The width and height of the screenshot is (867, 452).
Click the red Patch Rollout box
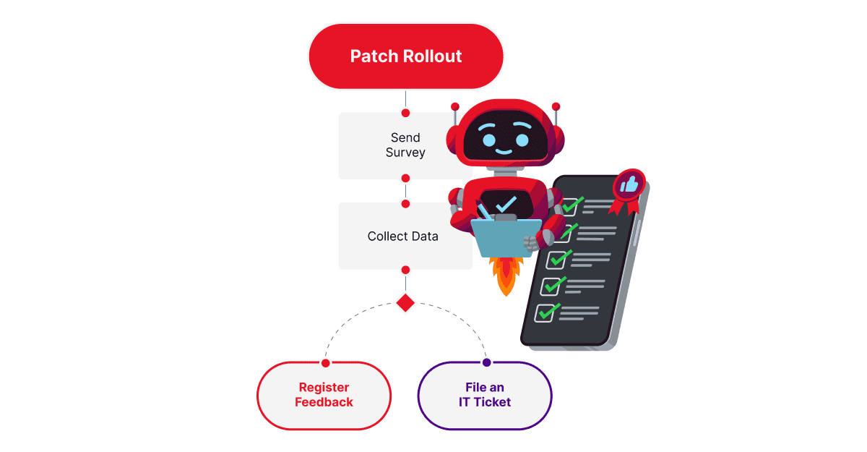(405, 56)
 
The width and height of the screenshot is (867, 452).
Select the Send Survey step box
(390, 145)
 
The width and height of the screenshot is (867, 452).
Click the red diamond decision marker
(405, 302)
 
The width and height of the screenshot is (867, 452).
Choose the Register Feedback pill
(324, 395)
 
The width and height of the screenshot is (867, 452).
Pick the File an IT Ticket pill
(485, 395)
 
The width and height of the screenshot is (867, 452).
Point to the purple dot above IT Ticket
(486, 362)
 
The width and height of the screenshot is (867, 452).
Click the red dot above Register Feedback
(326, 362)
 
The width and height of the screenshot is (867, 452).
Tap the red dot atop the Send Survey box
(405, 113)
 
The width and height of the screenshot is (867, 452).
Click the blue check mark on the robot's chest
(506, 204)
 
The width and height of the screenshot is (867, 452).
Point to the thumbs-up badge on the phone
(629, 186)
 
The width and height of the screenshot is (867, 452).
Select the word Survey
(405, 153)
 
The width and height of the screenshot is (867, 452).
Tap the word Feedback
(324, 402)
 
